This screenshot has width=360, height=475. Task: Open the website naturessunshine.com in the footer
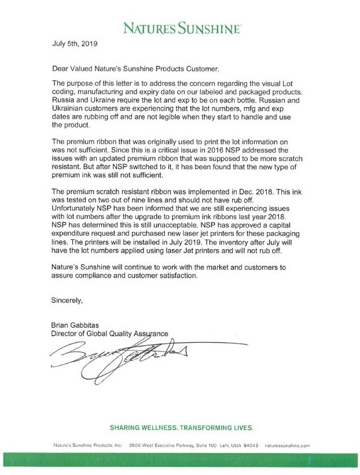(288, 445)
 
